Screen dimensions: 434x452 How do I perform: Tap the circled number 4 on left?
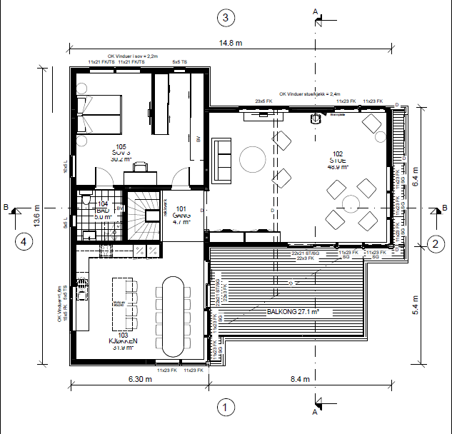pos(24,241)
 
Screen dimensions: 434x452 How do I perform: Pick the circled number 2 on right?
pos(433,244)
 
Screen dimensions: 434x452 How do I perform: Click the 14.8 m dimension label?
pos(230,43)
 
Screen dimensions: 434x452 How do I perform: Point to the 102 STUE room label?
pos(337,160)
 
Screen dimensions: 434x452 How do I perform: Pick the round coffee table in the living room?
pos(251,158)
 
